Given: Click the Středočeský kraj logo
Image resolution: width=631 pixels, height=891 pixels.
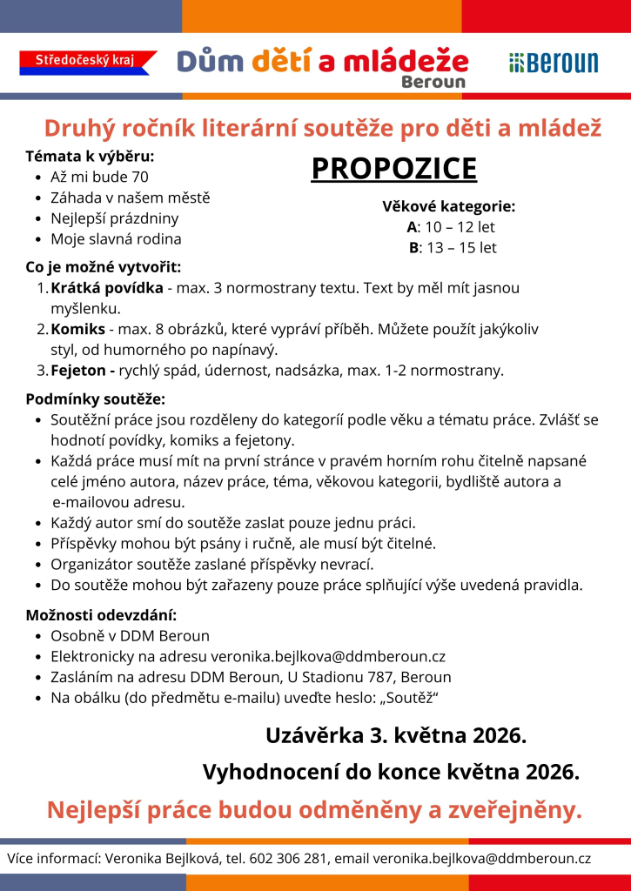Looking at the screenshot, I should (87, 60).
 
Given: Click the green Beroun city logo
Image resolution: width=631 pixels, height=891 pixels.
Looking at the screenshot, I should (554, 62).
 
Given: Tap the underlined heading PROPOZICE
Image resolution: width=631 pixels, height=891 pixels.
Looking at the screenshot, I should (394, 169).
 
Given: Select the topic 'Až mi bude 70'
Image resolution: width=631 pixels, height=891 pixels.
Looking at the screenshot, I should (99, 178).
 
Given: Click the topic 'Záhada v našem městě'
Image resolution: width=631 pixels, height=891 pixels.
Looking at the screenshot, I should (130, 198).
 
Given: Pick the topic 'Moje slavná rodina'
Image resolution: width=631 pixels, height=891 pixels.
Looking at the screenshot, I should (116, 238).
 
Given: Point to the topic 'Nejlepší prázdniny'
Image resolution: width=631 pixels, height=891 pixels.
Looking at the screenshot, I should (114, 218).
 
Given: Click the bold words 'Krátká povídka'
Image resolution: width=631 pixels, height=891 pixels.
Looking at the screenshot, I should (106, 288).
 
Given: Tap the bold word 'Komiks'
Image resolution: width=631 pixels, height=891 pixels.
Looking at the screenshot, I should (77, 330).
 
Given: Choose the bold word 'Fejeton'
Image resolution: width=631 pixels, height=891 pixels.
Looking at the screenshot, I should (81, 371).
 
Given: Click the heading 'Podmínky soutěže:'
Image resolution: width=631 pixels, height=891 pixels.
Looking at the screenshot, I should (95, 399).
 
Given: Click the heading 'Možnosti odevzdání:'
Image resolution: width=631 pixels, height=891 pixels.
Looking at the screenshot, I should (101, 615).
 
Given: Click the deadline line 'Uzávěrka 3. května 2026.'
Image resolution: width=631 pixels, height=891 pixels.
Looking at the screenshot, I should (396, 735).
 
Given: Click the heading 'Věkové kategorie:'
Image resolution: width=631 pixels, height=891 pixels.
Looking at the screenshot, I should (449, 206).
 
